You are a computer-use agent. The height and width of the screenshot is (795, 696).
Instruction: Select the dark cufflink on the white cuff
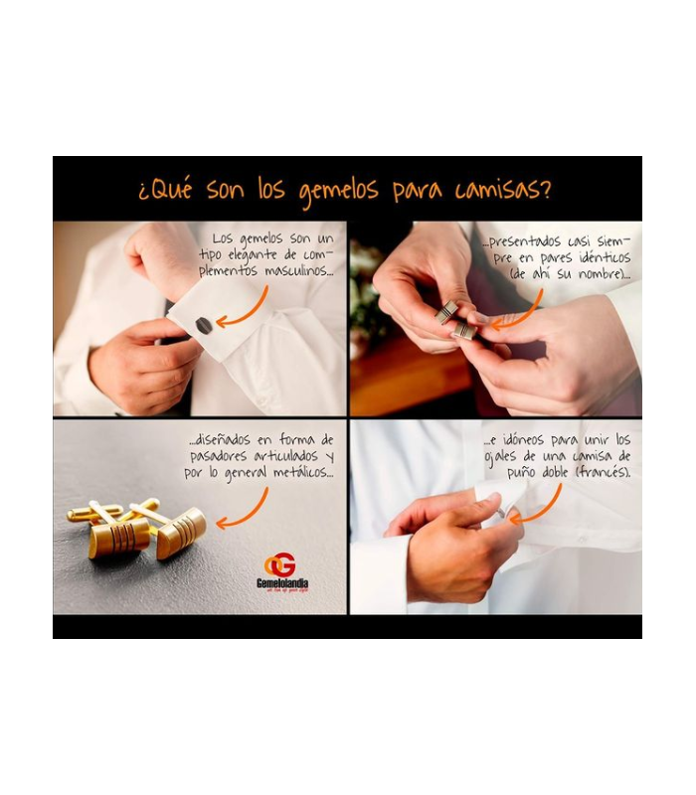203,324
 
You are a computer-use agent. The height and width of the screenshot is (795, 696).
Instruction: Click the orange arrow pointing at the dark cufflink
245,311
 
